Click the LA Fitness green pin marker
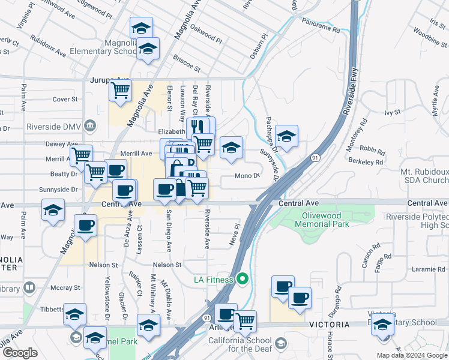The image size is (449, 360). pos(243,279)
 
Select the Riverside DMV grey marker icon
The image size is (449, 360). pos(90,126)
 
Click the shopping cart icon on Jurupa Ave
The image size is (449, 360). pos(120,91)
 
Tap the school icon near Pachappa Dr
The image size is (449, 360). pos(287,136)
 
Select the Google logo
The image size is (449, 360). pos(20,353)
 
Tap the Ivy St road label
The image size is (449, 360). pos(392,112)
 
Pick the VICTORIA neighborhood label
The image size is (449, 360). pos(329,325)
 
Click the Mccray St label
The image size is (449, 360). pos(65,288)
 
